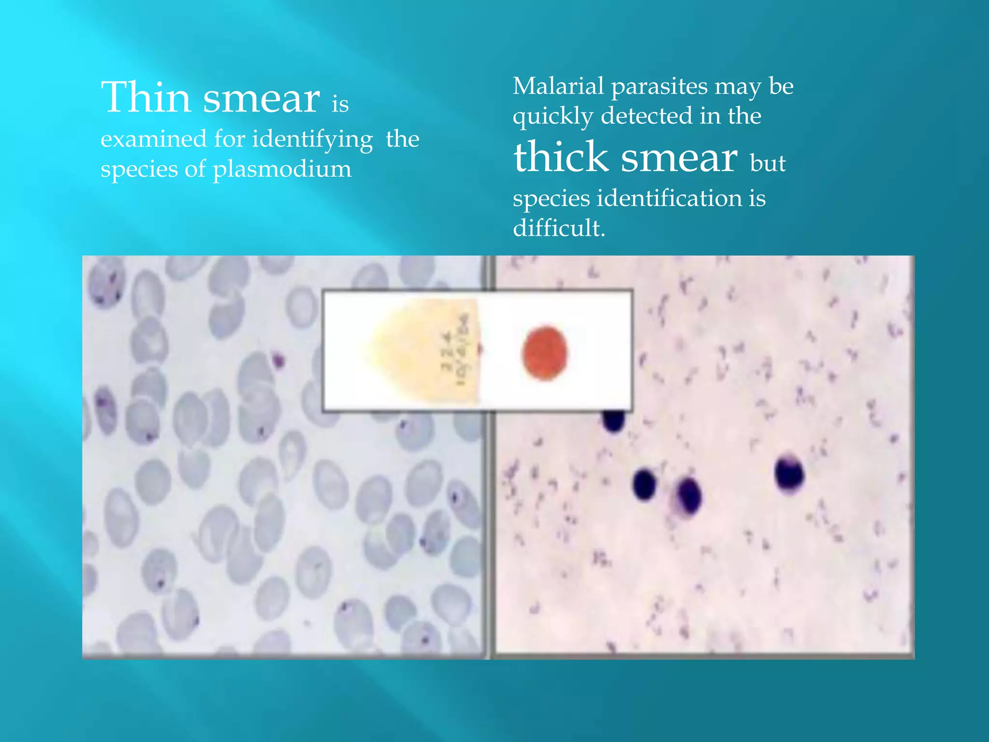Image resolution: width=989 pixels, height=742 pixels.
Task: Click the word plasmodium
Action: click(282, 169)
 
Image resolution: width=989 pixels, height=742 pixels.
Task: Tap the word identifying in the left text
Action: click(312, 140)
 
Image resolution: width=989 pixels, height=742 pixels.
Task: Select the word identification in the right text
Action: click(670, 198)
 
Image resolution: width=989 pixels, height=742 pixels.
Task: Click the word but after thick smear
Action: click(767, 163)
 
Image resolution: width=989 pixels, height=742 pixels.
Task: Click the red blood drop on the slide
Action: click(545, 353)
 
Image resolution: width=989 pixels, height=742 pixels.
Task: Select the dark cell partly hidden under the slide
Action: click(613, 419)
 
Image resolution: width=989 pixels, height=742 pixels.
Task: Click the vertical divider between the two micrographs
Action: click(488, 531)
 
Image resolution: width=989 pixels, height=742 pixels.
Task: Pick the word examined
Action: click(153, 139)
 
